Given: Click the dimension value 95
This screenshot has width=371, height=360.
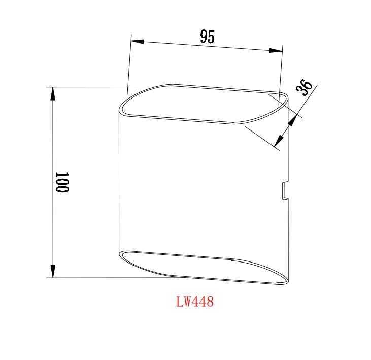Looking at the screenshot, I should coord(207,37).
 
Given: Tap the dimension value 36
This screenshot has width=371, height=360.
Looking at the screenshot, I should coord(305,88).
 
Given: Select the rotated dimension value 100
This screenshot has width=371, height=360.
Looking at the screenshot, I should coord(62,182).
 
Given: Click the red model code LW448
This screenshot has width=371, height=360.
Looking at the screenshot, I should coord(195,302).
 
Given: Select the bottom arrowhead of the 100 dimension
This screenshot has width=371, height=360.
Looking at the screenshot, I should coord(52,271).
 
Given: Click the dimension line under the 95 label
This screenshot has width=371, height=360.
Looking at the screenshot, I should coord(207,46).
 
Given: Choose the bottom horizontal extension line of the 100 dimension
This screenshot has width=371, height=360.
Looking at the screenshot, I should coord(112,278).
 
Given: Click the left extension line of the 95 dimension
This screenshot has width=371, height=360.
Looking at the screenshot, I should coord(129,66).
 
